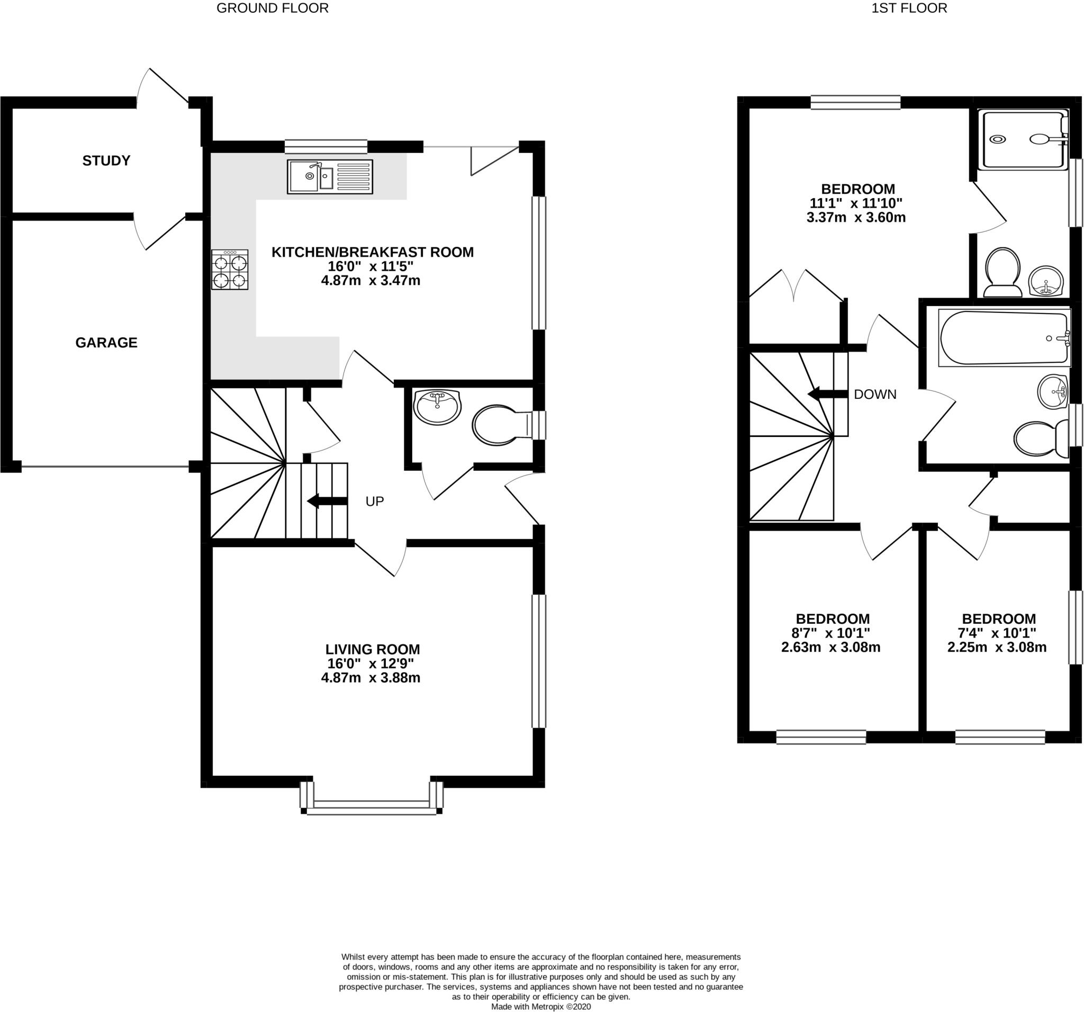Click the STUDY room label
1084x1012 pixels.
106,160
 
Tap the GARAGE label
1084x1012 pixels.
106,343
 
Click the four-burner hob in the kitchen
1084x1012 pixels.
230,270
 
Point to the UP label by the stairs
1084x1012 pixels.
375,501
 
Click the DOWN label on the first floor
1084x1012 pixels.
874,394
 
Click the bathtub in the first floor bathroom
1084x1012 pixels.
1004,338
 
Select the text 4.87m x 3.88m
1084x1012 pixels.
371,678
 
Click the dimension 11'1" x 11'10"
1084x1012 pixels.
856,203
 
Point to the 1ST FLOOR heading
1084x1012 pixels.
917,8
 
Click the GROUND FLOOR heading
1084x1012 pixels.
273,8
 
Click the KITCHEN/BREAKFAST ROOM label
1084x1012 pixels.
373,252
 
